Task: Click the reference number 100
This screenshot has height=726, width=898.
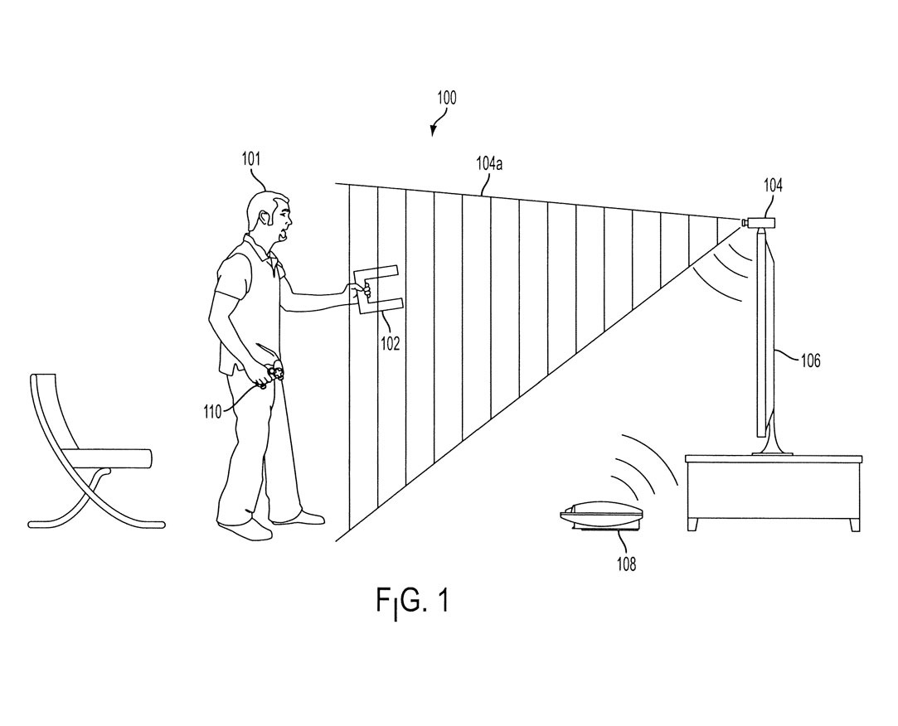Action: coord(446,98)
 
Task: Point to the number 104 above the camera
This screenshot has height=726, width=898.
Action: coord(772,187)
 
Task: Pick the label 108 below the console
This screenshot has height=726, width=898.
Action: coord(625,564)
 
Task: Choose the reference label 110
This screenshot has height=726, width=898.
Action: coord(211,409)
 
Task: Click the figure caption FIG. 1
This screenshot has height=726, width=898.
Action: coord(411,601)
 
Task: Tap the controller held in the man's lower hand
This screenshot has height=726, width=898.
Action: coord(272,376)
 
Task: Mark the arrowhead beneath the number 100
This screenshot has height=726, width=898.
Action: coord(433,129)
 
